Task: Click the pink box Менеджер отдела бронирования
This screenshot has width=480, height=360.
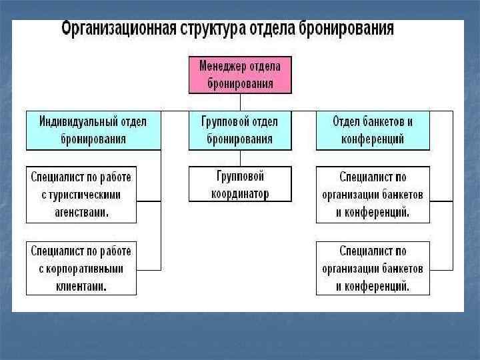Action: point(240,74)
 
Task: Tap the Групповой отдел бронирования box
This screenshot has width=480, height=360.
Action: point(240,130)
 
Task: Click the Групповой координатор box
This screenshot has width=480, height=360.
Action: point(240,184)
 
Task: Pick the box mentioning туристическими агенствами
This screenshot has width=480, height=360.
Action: point(81,194)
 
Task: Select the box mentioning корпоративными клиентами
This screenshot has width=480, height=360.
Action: point(81,269)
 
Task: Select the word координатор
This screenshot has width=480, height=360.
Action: point(240,193)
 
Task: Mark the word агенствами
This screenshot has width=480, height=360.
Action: point(81,211)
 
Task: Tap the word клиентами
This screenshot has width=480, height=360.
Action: point(81,286)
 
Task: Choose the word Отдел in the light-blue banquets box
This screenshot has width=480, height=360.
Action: point(347,122)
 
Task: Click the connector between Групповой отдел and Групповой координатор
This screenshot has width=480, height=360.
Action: point(240,158)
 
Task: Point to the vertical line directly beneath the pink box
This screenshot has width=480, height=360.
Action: point(240,101)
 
